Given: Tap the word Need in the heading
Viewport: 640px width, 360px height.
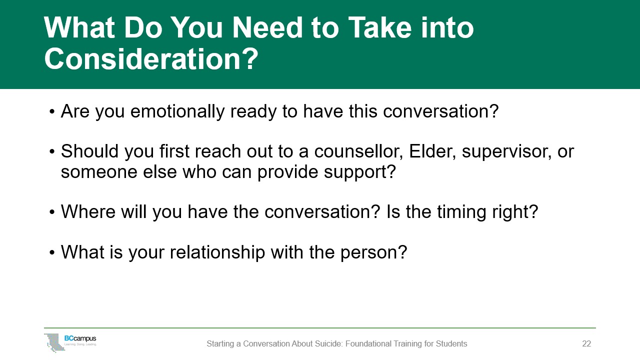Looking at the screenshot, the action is click(267, 27).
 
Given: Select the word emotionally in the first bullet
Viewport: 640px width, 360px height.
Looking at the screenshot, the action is click(177, 111).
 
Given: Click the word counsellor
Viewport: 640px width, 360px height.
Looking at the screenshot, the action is click(358, 151).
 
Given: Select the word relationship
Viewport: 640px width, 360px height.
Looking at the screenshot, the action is click(217, 252).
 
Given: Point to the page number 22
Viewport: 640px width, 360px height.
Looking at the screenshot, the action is click(586, 343).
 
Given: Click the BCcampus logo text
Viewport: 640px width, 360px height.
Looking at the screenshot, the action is click(80, 338).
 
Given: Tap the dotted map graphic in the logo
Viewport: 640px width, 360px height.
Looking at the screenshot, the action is click(54, 342).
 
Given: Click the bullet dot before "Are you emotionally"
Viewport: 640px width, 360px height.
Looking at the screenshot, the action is click(51, 111).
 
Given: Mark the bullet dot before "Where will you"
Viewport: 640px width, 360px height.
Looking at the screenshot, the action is click(51, 212).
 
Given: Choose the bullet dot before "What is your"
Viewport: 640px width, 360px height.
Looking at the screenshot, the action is click(51, 252).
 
